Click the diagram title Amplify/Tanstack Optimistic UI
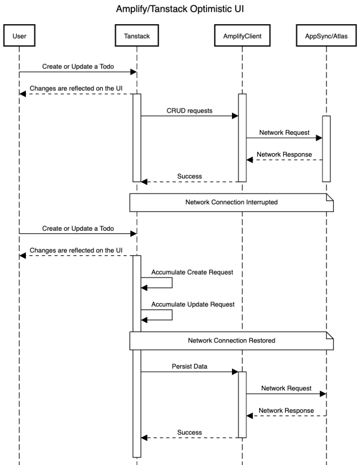coord(180,9)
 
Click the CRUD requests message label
coord(189,110)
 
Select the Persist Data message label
coord(189,366)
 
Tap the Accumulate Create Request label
coord(192,272)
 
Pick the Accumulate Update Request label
coord(193,304)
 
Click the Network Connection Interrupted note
coord(232,202)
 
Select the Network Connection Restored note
coord(232,341)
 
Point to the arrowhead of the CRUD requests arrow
coord(235,116)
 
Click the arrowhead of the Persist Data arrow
coord(235,372)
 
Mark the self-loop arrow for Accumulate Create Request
coord(172,282)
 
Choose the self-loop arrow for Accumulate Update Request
coord(172,315)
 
